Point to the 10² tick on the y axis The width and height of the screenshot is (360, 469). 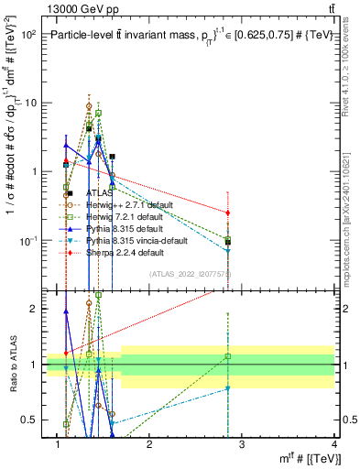(x=28, y=34)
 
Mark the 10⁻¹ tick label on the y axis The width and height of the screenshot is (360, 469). (x=28, y=241)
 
